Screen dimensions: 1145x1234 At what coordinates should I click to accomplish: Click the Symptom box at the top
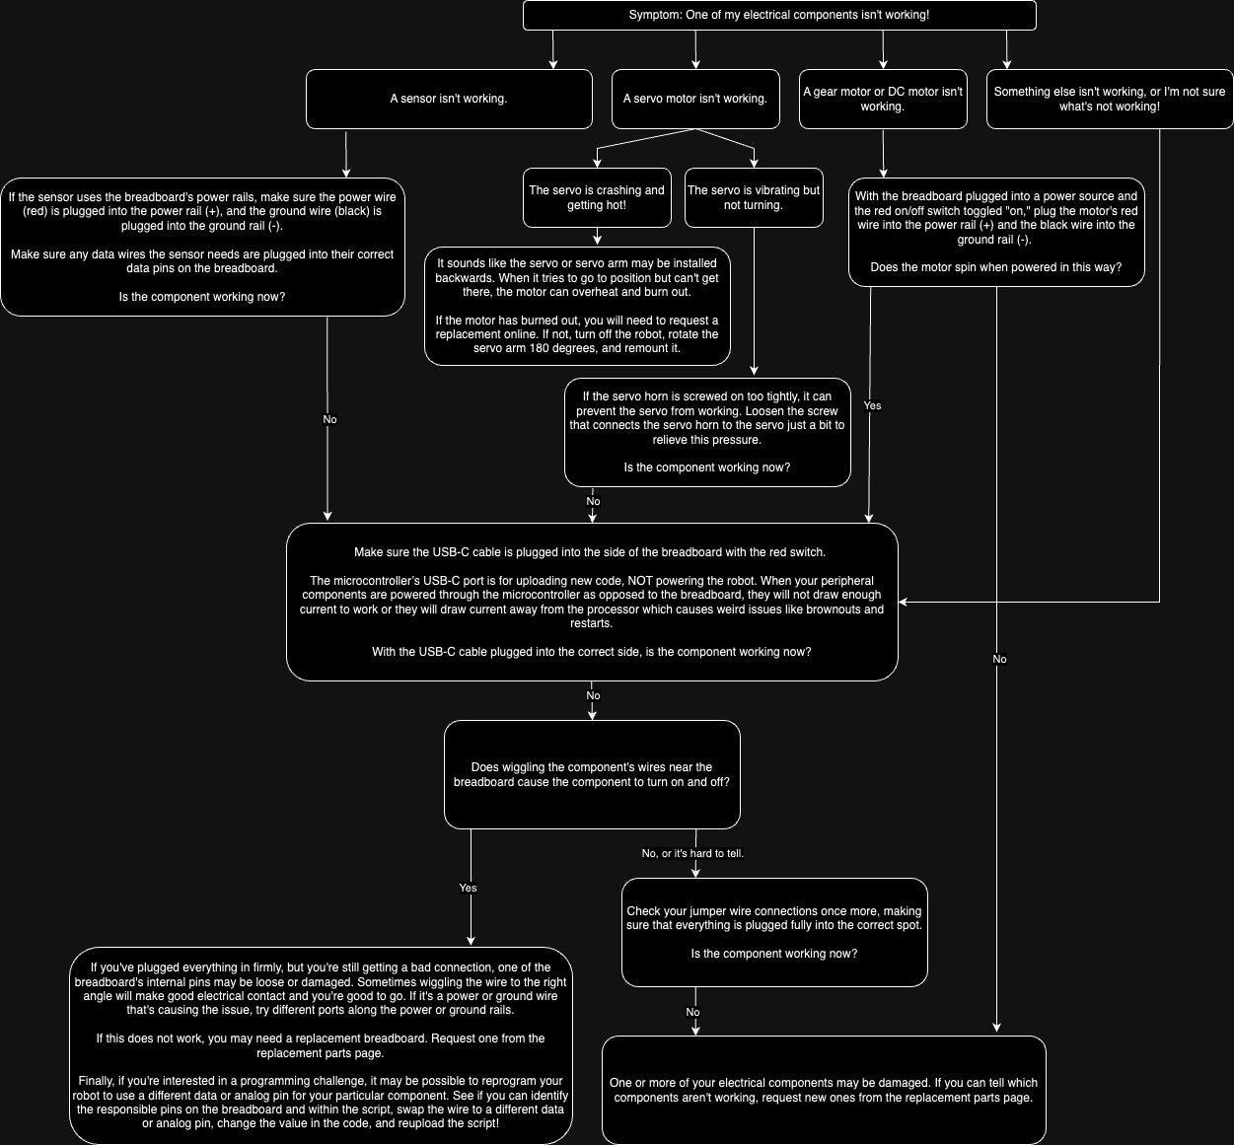coord(779,15)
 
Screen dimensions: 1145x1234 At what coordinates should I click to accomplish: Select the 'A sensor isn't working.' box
coord(449,99)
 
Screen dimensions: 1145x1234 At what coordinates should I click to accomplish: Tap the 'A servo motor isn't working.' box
coord(695,99)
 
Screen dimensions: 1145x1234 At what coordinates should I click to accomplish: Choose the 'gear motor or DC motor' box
coord(883,99)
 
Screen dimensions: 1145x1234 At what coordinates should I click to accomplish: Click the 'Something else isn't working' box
coord(1110,99)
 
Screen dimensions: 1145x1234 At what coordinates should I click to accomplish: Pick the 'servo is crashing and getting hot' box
coord(597,197)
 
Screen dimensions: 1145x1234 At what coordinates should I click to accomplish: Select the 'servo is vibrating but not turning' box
coord(754,197)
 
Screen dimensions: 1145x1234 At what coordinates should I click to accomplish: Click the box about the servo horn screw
coord(707,432)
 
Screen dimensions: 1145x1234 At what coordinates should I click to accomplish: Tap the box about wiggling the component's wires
coord(592,774)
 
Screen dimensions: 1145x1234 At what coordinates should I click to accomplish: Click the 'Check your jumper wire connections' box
coord(774,932)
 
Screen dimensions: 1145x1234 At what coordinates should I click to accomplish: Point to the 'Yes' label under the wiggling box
coord(468,888)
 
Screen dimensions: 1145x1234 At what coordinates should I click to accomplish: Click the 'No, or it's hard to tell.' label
coord(692,853)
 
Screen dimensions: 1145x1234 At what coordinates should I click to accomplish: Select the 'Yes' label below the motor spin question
coord(872,405)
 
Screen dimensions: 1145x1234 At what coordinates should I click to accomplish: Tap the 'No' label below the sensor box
coord(329,419)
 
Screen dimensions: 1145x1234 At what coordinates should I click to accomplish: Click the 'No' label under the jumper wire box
coord(692,1012)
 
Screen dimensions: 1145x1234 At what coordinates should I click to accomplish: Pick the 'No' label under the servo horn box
coord(593,501)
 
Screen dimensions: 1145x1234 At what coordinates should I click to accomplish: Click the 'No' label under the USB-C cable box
coord(593,695)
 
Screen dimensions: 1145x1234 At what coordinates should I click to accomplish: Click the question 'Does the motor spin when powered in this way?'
coord(996,267)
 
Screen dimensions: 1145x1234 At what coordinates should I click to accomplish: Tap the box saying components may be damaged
coord(824,1090)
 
